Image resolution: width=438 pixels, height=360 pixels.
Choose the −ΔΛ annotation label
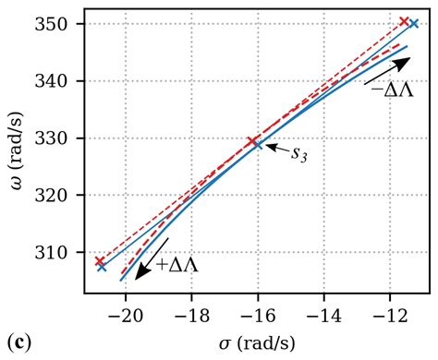393,90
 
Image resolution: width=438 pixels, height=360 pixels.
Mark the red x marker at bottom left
100,261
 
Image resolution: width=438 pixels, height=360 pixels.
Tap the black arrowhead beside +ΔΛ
140,271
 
